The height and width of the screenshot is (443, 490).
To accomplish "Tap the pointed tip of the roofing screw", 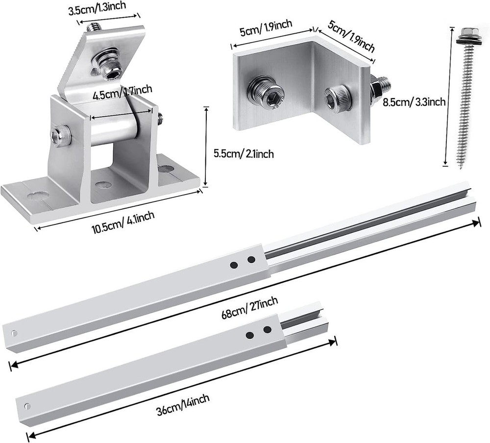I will coord(462,167).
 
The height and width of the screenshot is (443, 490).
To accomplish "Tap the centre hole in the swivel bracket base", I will coord(102,185).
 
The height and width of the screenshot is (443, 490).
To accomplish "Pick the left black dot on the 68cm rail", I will coord(234,265).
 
